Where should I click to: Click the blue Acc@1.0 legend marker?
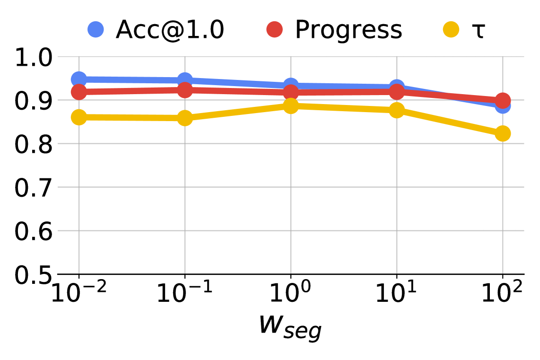point(96,30)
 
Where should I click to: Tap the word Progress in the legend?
point(348,30)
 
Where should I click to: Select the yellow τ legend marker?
point(451,30)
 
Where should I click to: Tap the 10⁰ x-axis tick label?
point(290,294)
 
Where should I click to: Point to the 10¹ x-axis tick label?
point(396,294)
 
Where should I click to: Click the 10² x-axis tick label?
point(502,294)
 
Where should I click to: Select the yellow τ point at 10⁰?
point(291,105)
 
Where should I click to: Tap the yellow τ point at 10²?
point(503,133)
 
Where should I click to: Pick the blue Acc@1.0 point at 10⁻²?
point(79,79)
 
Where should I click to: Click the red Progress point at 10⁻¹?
point(185,89)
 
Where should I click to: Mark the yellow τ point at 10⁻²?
point(79,117)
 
